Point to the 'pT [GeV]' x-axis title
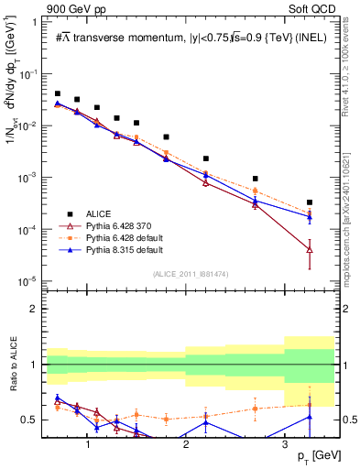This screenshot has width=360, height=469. [x=311, y=456]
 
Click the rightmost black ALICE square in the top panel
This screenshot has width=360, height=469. [x=310, y=202]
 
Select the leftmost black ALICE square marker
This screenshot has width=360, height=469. [x=58, y=93]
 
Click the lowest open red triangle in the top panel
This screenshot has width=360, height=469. [x=310, y=249]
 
